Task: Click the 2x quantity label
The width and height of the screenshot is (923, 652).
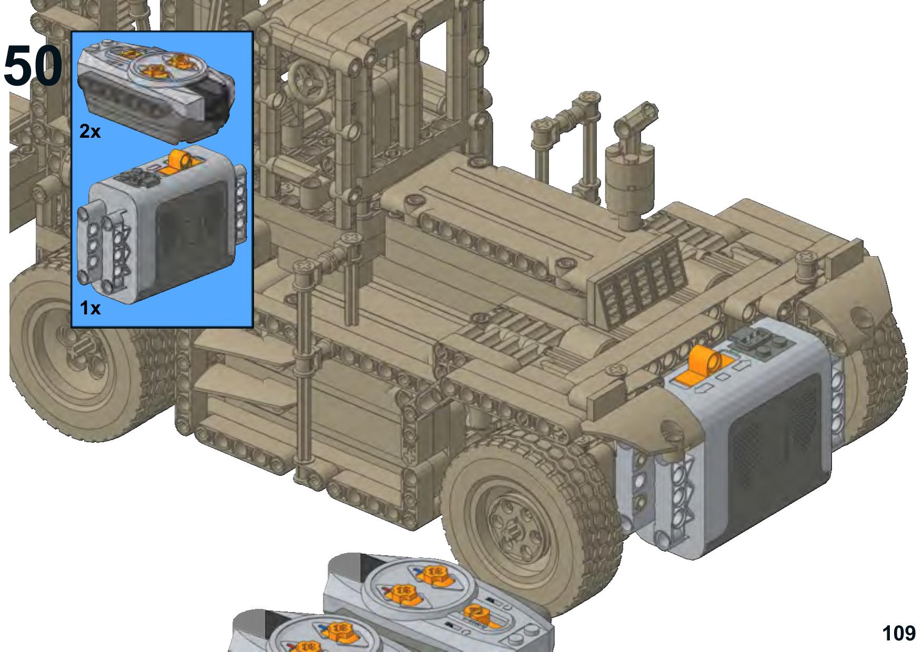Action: (x=90, y=131)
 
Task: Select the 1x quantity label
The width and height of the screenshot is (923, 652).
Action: (x=90, y=308)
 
